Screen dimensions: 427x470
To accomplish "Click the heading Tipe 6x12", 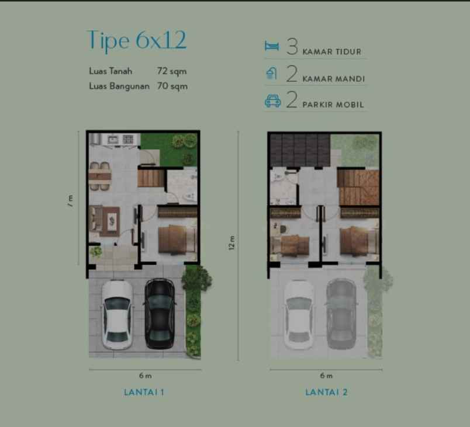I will click(x=136, y=40).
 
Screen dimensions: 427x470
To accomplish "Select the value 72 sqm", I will click(x=171, y=71).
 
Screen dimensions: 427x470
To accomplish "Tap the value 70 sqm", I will click(x=171, y=86).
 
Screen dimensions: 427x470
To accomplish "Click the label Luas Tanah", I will click(x=110, y=71).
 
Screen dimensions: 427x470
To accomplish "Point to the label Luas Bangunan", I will click(x=120, y=86).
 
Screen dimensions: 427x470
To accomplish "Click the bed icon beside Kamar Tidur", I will click(x=272, y=47).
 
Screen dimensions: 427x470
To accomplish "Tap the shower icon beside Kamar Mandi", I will click(x=272, y=74).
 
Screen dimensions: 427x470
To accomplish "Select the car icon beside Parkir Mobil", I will click(x=272, y=101).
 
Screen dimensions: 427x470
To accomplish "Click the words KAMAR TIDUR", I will click(x=331, y=51).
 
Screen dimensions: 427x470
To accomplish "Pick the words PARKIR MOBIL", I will click(x=333, y=105).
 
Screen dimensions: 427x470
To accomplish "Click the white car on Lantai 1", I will click(x=117, y=314).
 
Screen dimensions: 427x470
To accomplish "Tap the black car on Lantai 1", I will click(x=160, y=314).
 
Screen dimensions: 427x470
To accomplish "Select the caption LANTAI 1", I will click(x=144, y=392).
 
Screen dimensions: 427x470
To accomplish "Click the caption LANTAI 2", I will click(x=326, y=392).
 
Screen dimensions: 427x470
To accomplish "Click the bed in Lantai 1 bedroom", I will click(x=173, y=239).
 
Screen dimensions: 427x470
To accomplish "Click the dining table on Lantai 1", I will click(x=99, y=173).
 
